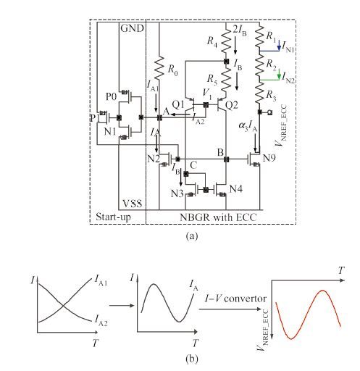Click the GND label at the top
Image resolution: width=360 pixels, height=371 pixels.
132,28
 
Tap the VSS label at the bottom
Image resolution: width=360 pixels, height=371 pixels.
133,204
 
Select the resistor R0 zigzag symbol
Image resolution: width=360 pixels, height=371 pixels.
159,68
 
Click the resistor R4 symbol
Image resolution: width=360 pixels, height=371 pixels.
226,41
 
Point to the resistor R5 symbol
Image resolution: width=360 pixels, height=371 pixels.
226,81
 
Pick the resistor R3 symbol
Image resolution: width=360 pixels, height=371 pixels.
259,93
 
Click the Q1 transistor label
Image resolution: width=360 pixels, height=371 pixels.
178,104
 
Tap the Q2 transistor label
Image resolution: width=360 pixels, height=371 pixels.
232,105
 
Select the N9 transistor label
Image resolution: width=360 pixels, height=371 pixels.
269,158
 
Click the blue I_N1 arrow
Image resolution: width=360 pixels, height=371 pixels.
279,46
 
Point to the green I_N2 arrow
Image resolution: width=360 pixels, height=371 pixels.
279,74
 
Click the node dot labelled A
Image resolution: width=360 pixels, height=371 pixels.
159,117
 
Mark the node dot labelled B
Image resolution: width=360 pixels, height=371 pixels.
226,159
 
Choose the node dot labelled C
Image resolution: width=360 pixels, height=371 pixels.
186,174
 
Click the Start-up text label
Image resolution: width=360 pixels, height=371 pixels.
113,217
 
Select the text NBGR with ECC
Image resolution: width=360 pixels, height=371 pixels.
218,217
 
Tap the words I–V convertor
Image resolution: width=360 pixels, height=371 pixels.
235,299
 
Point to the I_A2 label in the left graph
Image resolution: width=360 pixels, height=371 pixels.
101,320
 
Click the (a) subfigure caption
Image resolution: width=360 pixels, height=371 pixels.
192,235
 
